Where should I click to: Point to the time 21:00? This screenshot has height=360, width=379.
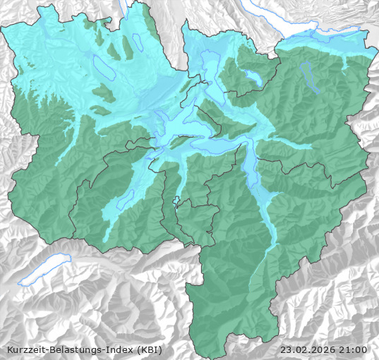point(354,349)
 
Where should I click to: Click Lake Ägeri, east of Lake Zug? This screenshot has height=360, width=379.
point(251,75)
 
